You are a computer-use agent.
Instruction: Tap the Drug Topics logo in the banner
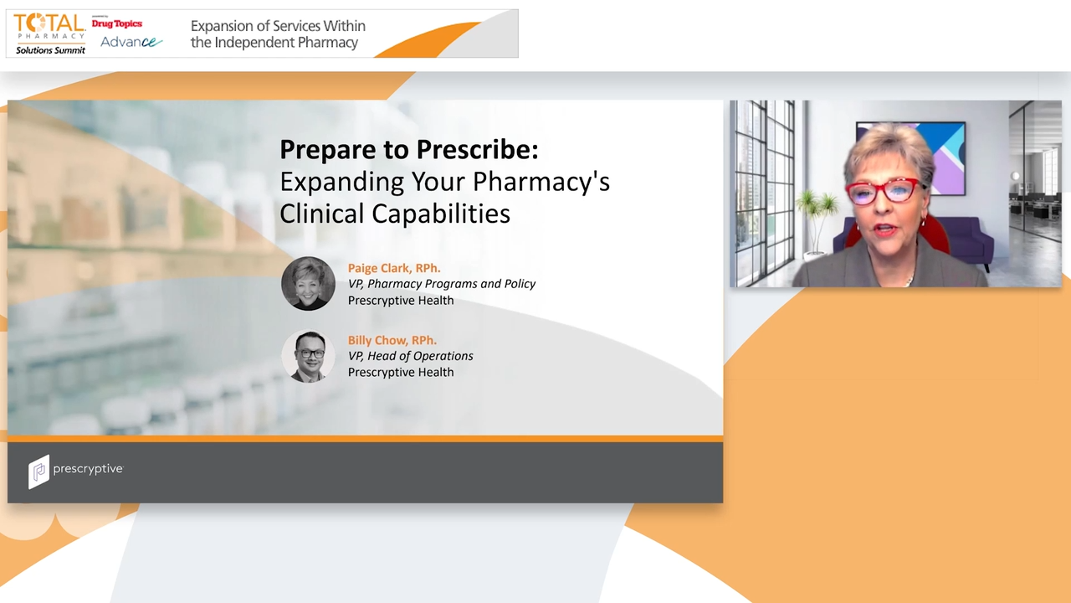[117, 23]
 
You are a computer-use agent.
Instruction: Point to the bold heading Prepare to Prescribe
[408, 149]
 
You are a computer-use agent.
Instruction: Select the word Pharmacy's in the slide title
[541, 182]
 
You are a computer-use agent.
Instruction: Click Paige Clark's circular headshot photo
[308, 284]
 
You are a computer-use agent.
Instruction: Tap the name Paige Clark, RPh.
[393, 268]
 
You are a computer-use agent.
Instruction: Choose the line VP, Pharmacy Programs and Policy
[442, 284]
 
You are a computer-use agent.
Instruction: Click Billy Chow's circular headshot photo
[308, 356]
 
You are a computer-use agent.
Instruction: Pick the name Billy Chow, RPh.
[392, 340]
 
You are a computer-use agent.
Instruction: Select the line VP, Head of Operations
[410, 356]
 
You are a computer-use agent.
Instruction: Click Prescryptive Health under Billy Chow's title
[401, 372]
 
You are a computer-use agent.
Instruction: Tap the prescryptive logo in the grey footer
[75, 471]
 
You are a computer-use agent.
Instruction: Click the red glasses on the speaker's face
[885, 191]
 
